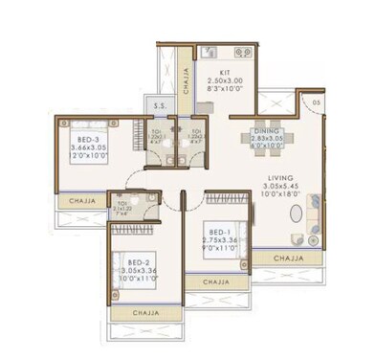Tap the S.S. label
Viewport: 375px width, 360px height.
(155, 106)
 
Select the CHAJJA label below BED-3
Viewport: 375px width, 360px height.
(79, 201)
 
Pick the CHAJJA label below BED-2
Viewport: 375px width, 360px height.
(145, 312)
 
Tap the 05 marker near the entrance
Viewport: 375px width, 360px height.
(316, 101)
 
